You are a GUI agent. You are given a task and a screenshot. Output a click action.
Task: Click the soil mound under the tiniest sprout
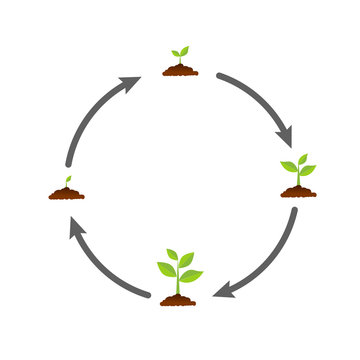click(66, 193)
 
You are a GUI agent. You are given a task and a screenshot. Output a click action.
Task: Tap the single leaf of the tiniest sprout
click(68, 180)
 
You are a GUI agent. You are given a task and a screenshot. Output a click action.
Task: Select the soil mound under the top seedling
click(180, 70)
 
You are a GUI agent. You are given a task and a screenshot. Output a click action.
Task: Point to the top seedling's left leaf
click(175, 53)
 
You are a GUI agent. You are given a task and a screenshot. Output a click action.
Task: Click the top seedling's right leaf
click(184, 49)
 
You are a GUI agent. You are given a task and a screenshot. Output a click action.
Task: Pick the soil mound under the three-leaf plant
click(298, 191)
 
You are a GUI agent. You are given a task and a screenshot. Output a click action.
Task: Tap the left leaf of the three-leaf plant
click(289, 166)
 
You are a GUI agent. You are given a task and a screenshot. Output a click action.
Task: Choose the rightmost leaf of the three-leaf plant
click(308, 170)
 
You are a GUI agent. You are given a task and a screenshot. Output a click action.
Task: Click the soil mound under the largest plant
click(178, 299)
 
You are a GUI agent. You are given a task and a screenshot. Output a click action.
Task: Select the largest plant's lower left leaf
click(166, 268)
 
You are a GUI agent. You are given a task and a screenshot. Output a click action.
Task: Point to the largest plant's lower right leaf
click(191, 275)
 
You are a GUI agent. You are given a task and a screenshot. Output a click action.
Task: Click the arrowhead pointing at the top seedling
click(131, 84)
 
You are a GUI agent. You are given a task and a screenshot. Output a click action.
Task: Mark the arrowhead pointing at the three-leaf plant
click(286, 135)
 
